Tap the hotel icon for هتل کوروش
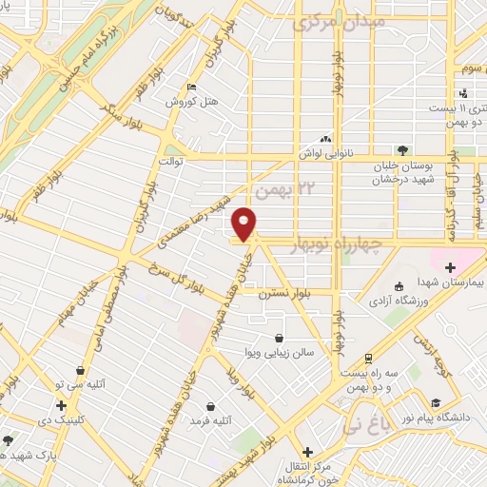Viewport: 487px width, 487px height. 193,88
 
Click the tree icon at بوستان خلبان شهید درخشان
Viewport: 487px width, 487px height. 402,149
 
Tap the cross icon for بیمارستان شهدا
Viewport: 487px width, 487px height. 449,267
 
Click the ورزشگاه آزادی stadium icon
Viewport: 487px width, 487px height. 399,286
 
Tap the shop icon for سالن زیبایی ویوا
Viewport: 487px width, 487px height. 279,339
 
